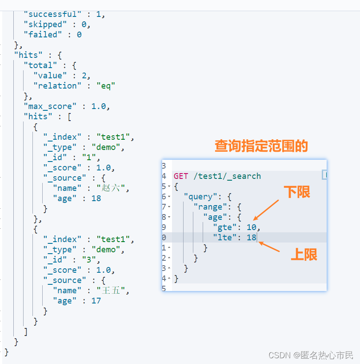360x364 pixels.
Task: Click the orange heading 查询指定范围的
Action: (x=261, y=146)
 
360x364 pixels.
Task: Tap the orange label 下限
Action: (x=297, y=192)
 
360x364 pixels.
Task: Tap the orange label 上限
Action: (x=304, y=255)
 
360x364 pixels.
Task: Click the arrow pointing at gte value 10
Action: (x=266, y=210)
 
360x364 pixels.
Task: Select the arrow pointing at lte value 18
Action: (x=269, y=247)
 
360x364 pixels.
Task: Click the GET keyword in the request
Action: (x=181, y=176)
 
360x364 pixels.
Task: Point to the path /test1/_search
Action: (x=227, y=176)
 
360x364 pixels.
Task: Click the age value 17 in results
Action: (x=96, y=301)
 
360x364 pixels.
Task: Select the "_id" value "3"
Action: (x=96, y=260)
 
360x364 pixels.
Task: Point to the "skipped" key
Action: (x=45, y=24)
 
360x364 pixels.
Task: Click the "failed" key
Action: (x=43, y=34)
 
